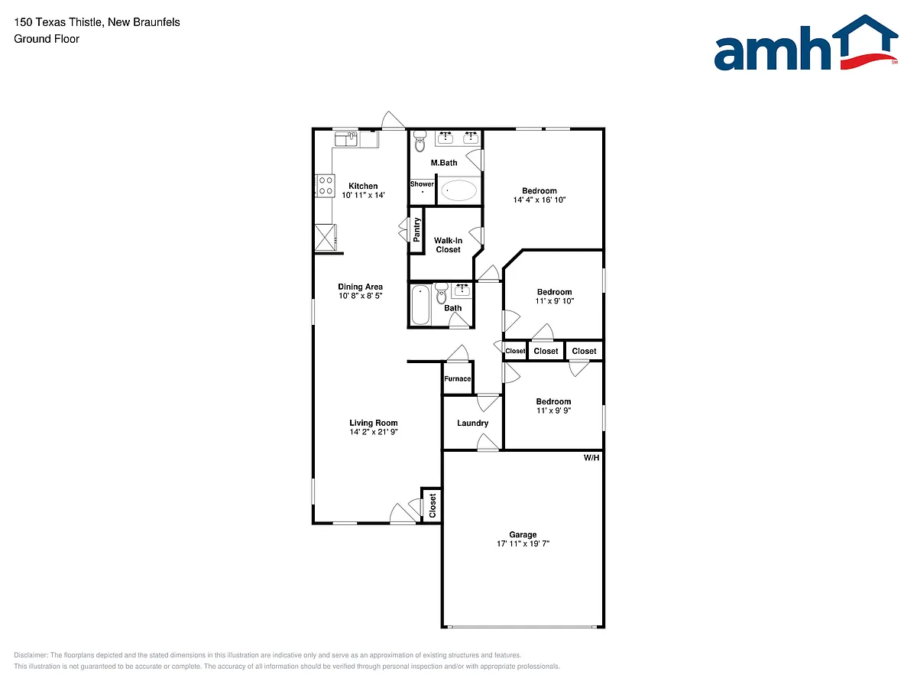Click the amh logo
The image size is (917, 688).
coord(805,43)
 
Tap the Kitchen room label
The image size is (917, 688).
coord(363,186)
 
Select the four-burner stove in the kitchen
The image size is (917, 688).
coord(326,186)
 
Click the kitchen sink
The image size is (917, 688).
coord(346,139)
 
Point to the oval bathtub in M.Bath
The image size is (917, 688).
coord(458,191)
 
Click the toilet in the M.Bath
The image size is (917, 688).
coord(420,141)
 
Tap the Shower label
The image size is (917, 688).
coord(422,183)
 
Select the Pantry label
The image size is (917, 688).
coord(416,230)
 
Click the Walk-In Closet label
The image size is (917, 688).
coord(448,245)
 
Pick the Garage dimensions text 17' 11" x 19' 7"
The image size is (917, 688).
coord(523,544)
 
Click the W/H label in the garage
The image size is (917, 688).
coord(591,458)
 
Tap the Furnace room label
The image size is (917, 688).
coord(458,378)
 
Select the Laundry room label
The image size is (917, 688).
coord(472,423)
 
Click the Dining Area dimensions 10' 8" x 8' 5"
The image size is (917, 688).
coord(360,296)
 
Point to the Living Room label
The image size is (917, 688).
coord(374,423)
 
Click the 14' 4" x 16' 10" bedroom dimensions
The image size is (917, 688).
coord(540,200)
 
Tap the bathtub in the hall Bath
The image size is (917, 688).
coord(420,305)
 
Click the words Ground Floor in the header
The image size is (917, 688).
coord(47,39)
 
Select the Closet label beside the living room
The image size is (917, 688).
coord(433,505)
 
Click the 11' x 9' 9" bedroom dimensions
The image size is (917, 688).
coord(553,411)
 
